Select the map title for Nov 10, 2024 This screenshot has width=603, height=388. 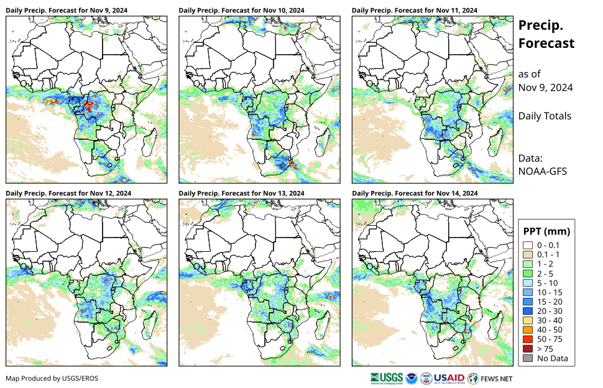tap(241, 11)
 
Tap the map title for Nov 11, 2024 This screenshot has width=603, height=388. tap(415, 11)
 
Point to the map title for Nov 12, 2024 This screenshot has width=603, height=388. tap(68, 193)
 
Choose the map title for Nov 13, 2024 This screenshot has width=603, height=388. tap(241, 193)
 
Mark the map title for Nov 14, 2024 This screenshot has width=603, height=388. tap(415, 193)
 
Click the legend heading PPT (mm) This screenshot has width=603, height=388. tap(546, 231)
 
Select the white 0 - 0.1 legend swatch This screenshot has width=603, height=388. tap(528, 245)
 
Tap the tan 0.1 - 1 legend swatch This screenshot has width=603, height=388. tap(528, 254)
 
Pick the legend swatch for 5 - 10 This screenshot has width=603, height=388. tap(528, 283)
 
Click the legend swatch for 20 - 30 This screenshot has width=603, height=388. tap(528, 311)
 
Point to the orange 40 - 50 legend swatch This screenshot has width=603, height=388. tap(528, 330)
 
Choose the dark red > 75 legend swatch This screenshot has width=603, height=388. tap(528, 349)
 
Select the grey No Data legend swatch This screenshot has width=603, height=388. tap(528, 358)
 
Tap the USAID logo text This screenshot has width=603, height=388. tap(448, 377)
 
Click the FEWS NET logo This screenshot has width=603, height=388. tap(490, 377)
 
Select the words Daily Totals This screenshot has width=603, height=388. tap(545, 116)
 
